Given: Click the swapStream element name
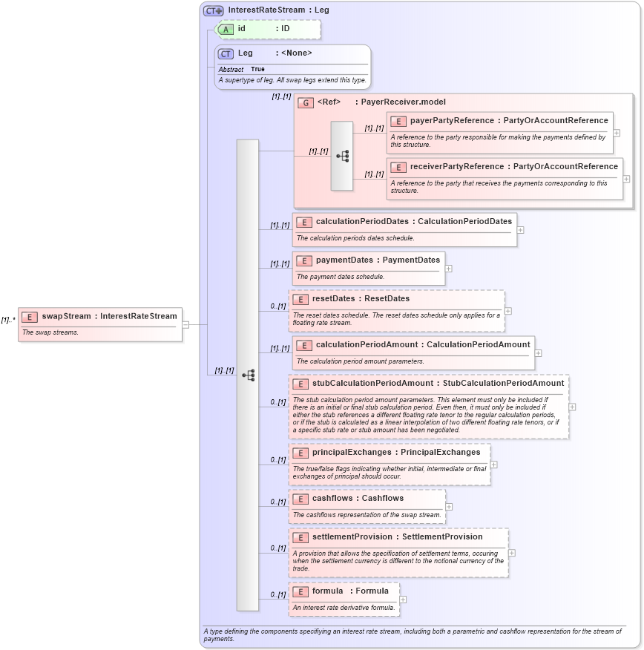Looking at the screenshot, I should (67, 316).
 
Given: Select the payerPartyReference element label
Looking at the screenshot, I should (452, 120).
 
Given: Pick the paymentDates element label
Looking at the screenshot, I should (346, 260).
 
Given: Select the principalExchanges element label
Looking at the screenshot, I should (351, 452).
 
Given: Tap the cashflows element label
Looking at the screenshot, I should (332, 498).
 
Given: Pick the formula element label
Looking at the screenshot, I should (327, 591).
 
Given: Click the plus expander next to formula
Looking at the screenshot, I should (403, 600).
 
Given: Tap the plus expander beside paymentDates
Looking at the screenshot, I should (449, 269).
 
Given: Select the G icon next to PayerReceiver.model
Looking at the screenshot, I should (305, 102).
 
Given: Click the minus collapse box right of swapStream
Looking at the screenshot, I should (185, 324).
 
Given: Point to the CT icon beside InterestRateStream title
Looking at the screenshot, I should (214, 10).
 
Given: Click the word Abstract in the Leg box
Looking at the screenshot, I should (231, 69).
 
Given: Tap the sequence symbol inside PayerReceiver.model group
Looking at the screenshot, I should (342, 156).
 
